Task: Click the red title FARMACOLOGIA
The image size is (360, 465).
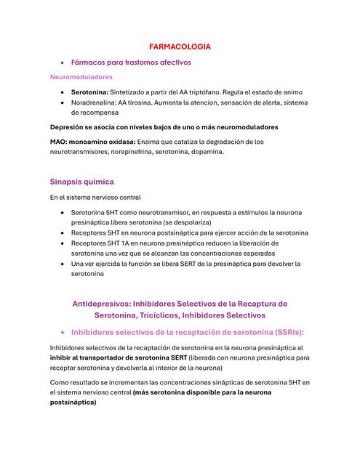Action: pos(180,46)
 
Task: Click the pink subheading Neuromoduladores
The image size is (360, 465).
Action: pos(81,76)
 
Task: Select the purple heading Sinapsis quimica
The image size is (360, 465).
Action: pos(81,182)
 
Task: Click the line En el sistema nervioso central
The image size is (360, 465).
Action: pos(95,198)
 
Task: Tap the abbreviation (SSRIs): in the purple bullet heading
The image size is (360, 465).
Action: pos(286,332)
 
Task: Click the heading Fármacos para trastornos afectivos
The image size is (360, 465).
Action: pos(131,62)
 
